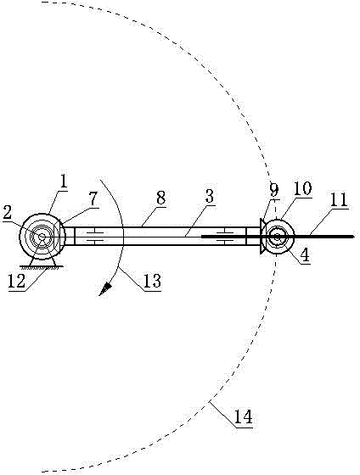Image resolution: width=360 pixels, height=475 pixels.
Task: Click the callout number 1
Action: (x=63, y=182)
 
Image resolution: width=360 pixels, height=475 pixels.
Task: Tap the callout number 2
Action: (x=7, y=213)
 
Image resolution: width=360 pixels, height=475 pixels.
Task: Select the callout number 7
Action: (x=93, y=198)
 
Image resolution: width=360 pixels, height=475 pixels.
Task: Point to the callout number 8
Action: (x=160, y=198)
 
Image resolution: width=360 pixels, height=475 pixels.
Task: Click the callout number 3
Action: (x=210, y=196)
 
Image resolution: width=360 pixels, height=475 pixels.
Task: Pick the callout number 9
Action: (x=273, y=190)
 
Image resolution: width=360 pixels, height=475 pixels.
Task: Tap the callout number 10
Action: (x=302, y=188)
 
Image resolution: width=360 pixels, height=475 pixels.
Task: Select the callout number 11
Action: (x=338, y=199)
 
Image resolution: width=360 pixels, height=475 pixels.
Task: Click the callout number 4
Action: (x=305, y=255)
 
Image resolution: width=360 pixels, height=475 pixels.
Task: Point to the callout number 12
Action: (x=17, y=282)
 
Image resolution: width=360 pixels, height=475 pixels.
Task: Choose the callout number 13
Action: (x=152, y=281)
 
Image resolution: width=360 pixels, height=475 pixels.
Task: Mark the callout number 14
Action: (x=244, y=417)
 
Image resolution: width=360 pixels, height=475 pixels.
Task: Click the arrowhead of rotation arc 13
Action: (x=104, y=289)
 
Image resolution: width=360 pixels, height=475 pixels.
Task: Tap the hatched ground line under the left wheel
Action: (x=42, y=267)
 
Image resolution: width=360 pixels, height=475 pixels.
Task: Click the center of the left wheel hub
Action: (x=42, y=237)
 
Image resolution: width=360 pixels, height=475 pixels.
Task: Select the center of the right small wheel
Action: (x=277, y=237)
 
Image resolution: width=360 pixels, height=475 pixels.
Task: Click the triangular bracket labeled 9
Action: (x=263, y=237)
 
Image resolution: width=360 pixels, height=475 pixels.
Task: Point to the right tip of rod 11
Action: (x=354, y=237)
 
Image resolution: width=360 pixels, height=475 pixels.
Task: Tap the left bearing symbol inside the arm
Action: (x=95, y=237)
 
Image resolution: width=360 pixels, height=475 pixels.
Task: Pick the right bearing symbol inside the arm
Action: (x=225, y=237)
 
